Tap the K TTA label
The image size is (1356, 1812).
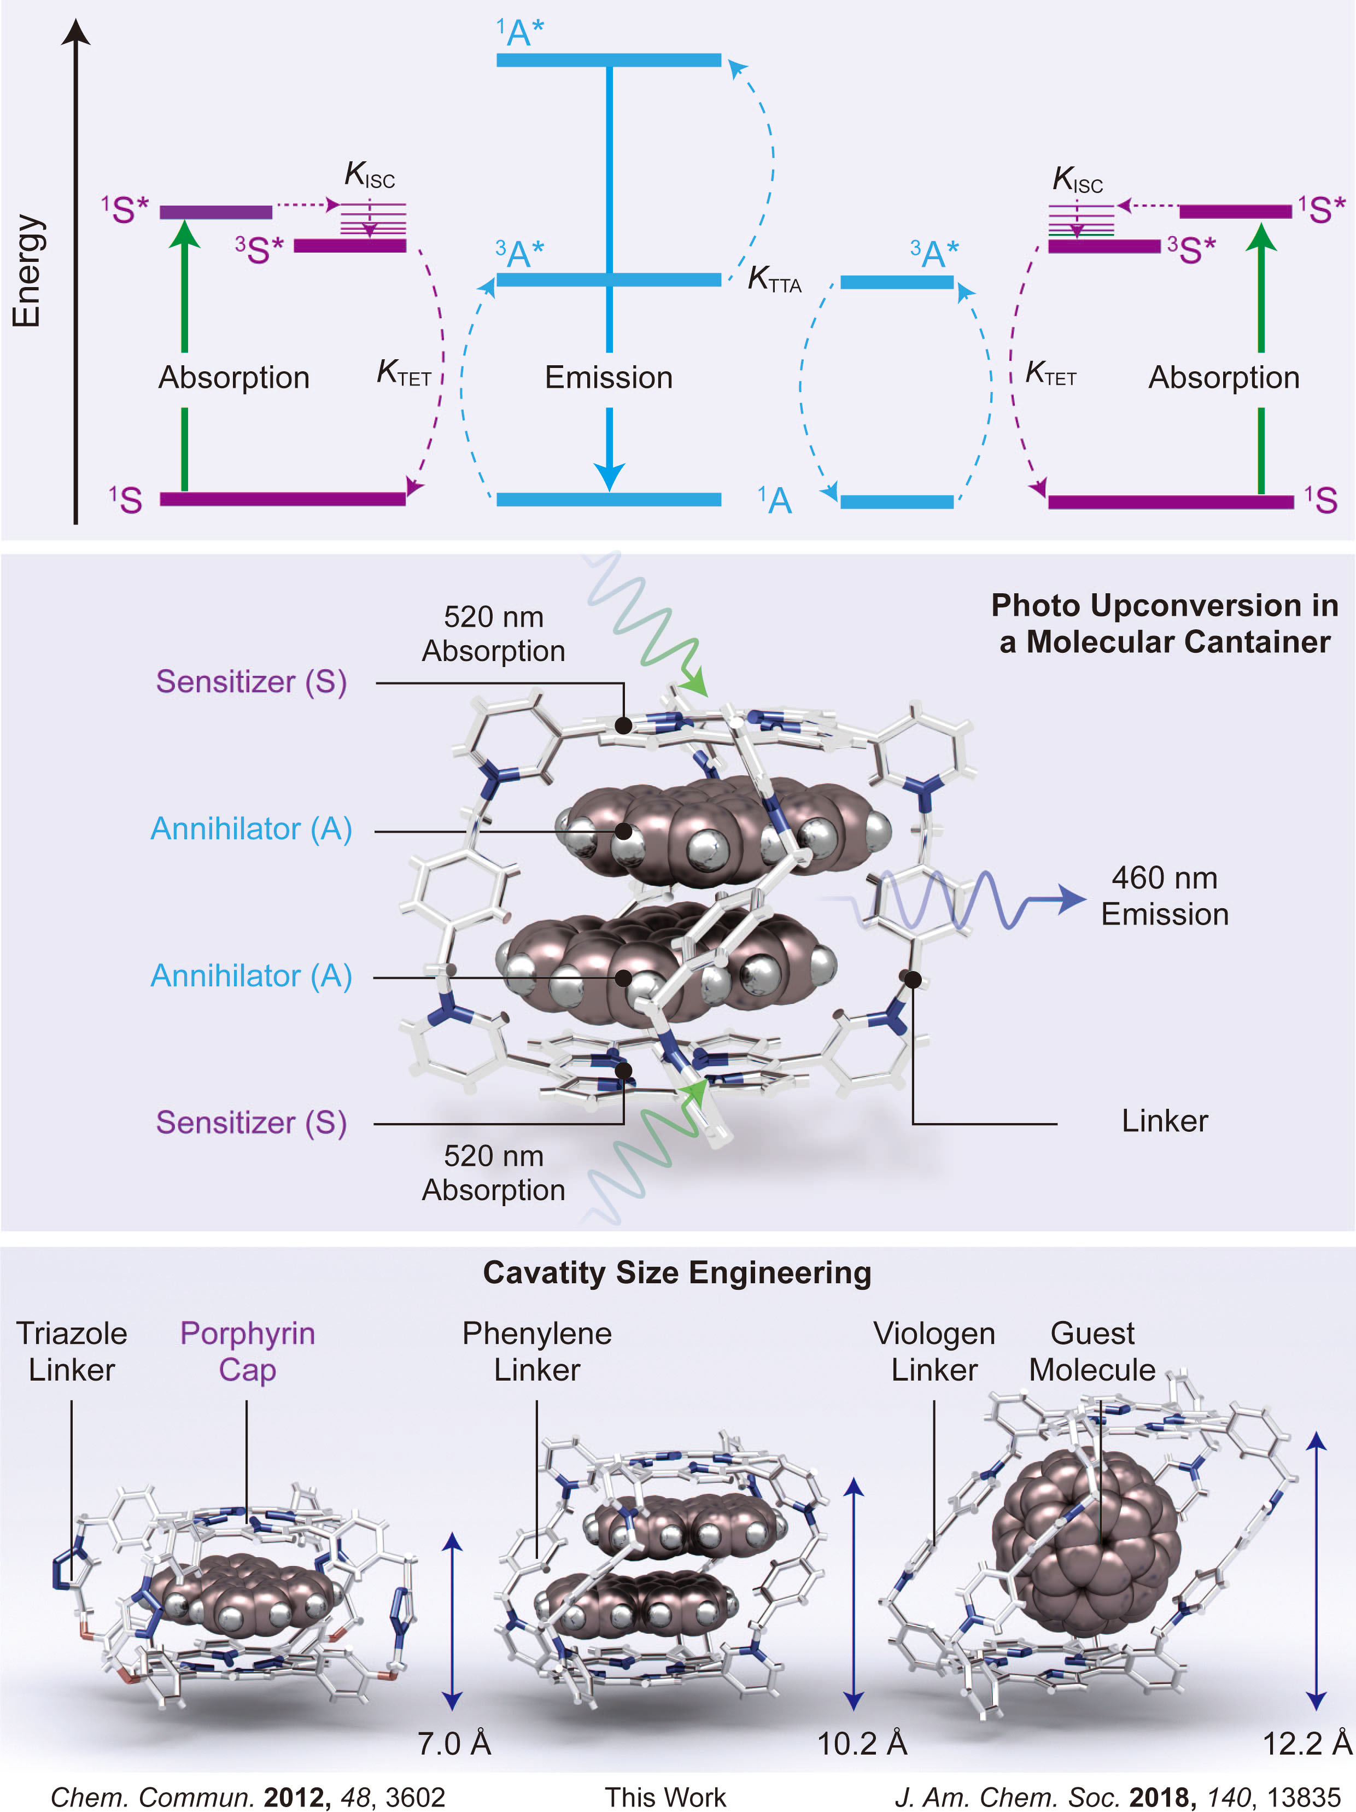(x=774, y=279)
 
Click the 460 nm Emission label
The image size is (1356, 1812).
(x=1164, y=896)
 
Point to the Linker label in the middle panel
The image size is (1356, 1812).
(x=1164, y=1121)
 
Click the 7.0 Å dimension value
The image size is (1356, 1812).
(x=454, y=1744)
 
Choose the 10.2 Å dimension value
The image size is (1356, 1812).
(x=862, y=1744)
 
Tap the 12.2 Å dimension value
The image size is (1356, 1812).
(x=1307, y=1744)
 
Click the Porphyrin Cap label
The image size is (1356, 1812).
(x=248, y=1352)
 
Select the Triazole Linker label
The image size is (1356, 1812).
(x=72, y=1352)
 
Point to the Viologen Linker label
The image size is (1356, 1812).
(x=934, y=1352)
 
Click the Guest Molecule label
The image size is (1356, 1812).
(x=1092, y=1352)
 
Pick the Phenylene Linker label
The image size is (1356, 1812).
(x=537, y=1352)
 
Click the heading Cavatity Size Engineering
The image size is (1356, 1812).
(x=677, y=1273)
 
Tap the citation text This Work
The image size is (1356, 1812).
(x=665, y=1797)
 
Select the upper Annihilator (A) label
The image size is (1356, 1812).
(x=252, y=829)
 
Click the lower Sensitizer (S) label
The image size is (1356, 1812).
(x=252, y=1123)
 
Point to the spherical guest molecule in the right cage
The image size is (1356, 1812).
(x=1085, y=1544)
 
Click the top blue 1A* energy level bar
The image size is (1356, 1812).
(x=609, y=60)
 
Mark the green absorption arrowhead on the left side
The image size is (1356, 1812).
(x=185, y=234)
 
